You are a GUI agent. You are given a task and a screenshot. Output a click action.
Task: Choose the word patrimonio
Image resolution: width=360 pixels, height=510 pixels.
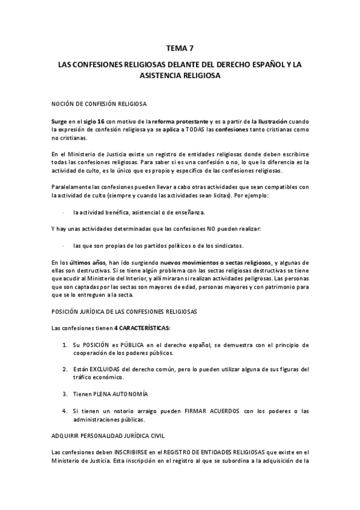(273, 287)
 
